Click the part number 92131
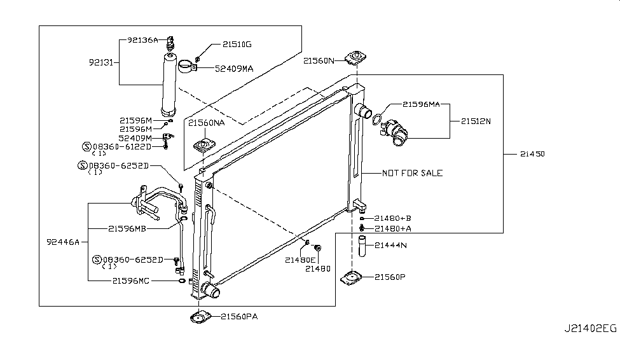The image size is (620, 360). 102,62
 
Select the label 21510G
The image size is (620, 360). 237,45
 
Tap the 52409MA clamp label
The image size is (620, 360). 239,68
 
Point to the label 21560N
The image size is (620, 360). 319,61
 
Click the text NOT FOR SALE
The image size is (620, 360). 412,173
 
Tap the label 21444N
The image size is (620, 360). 390,245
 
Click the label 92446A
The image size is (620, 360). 63,242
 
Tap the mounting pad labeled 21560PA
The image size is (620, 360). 200,316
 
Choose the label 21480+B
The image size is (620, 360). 393,218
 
